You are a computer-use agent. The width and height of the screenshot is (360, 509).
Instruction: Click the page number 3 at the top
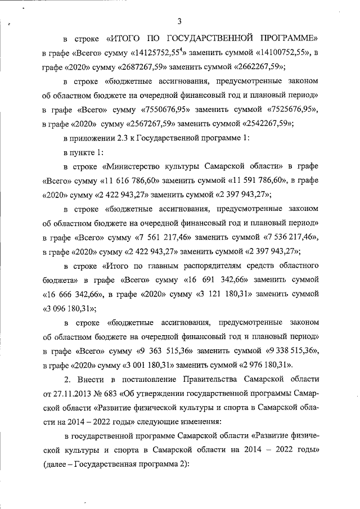180,22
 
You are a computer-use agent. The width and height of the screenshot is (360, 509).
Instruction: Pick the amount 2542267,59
267,123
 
